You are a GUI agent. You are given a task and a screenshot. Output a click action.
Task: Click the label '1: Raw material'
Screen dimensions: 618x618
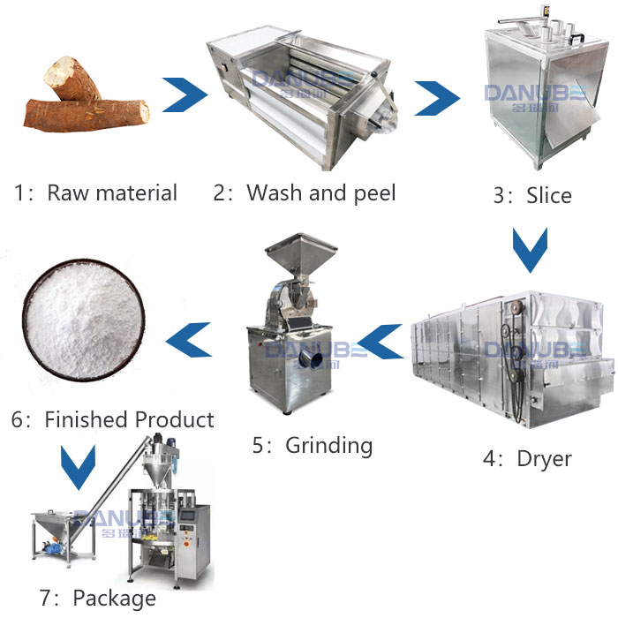click(x=95, y=193)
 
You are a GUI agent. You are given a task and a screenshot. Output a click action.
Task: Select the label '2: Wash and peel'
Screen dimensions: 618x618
click(x=305, y=192)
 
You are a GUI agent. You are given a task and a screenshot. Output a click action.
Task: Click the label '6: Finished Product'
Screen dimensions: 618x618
click(x=113, y=418)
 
